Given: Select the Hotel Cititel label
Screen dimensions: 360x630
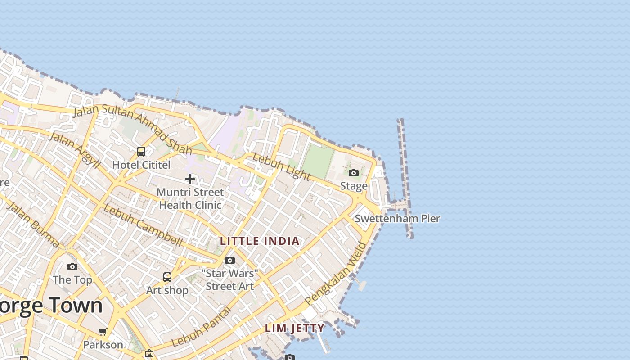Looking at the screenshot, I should pyautogui.click(x=141, y=165).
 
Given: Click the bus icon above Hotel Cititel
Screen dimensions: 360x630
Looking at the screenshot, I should pyautogui.click(x=141, y=151).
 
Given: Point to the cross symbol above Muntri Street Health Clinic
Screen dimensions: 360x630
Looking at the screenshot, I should pyautogui.click(x=190, y=179).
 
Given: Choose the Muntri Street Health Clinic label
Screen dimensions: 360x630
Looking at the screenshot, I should pyautogui.click(x=190, y=198).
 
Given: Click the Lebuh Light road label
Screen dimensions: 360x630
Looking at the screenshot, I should pyautogui.click(x=281, y=166).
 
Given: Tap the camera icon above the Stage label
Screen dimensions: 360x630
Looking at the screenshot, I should pyautogui.click(x=354, y=173).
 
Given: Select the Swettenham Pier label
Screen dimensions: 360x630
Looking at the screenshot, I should pyautogui.click(x=397, y=219).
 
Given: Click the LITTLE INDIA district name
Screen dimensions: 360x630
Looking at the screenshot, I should pyautogui.click(x=260, y=241).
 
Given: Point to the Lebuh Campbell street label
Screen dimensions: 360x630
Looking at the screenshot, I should pyautogui.click(x=143, y=225).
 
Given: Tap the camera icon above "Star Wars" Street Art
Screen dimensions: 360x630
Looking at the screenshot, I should pyautogui.click(x=230, y=260).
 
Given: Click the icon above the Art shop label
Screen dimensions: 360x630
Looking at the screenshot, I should pyautogui.click(x=167, y=277).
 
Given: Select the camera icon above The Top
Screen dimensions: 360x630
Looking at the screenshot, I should pyautogui.click(x=72, y=266).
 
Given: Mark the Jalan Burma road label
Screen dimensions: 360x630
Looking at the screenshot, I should pyautogui.click(x=33, y=225).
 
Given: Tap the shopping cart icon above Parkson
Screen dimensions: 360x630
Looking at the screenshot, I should pyautogui.click(x=103, y=332).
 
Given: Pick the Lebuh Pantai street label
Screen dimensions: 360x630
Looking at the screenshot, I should pyautogui.click(x=201, y=327).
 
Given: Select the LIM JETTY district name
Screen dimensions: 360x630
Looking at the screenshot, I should pyautogui.click(x=295, y=328).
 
